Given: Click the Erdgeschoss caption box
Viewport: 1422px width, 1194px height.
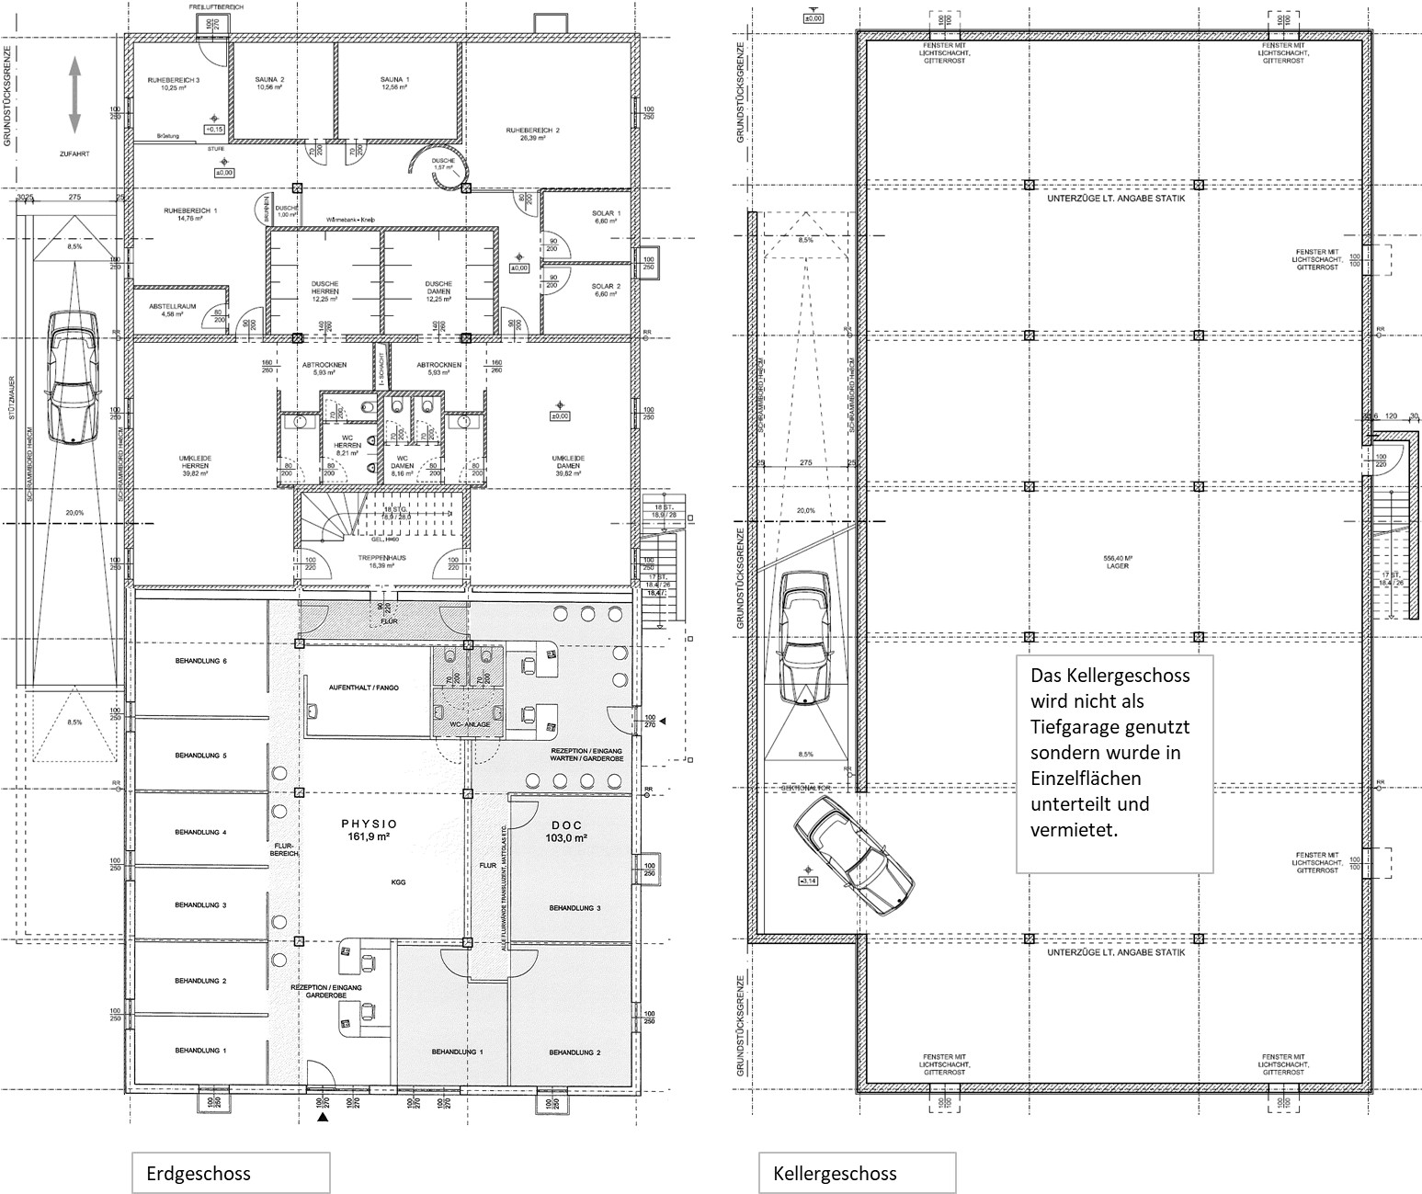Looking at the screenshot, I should [x=230, y=1173].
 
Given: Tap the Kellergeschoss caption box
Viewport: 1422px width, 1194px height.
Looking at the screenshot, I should [x=857, y=1173].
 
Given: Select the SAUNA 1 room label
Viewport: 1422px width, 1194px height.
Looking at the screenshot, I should [x=394, y=83].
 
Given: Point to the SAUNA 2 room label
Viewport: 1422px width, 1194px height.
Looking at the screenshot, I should [x=269, y=83].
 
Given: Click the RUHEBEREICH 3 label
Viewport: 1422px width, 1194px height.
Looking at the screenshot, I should [x=174, y=84].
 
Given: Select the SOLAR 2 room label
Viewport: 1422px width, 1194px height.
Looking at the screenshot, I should [x=607, y=290].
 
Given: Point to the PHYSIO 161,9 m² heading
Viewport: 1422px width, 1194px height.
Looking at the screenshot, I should [x=369, y=830].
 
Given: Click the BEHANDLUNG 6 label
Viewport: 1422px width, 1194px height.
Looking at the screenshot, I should [x=200, y=662].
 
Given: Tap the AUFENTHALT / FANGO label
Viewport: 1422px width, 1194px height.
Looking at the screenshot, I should [x=365, y=688].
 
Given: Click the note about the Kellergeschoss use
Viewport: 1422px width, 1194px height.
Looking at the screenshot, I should [x=1114, y=763].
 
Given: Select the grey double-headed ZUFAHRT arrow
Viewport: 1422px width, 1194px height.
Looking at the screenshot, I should [x=74, y=95].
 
